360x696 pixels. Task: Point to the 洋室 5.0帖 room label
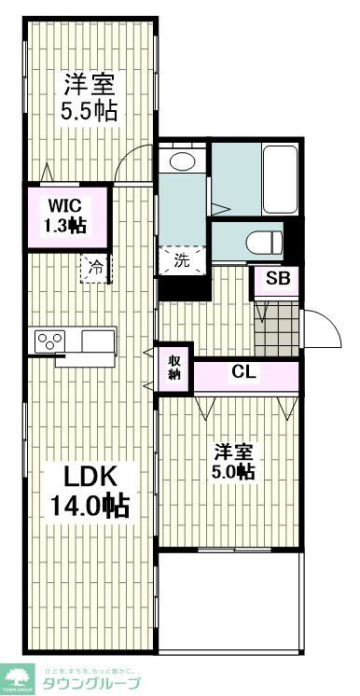coord(233,462)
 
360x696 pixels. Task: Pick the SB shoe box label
coord(277,279)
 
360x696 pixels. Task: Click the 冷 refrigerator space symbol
coord(96,267)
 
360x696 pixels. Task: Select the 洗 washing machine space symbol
coord(182,260)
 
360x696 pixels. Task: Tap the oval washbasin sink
coord(182,162)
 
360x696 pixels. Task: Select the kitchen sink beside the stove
coord(97,340)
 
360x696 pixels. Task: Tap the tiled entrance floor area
coord(277,326)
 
